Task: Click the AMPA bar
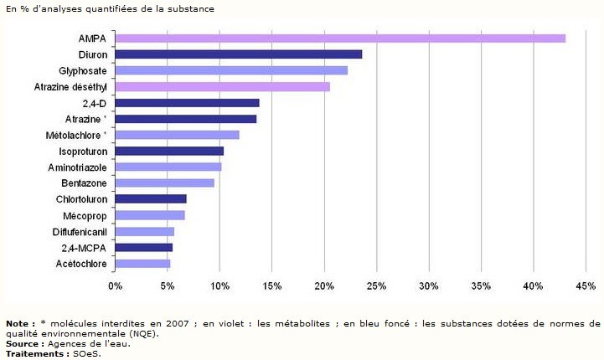tap(339, 39)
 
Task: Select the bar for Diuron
tap(238, 54)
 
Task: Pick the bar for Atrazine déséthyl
tap(222, 86)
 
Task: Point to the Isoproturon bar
tap(169, 151)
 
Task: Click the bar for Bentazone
tap(164, 183)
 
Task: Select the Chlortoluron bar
tap(151, 199)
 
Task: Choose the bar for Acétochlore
tap(142, 264)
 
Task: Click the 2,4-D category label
tap(95, 103)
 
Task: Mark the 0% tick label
tap(115, 286)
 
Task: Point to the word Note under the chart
tap(17, 323)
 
